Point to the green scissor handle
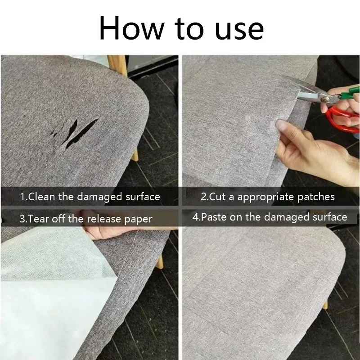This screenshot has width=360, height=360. coord(348,93)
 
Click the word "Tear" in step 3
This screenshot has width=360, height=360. coord(39,219)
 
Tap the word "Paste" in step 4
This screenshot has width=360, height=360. coord(214,217)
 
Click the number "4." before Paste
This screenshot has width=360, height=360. coord(196,217)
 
